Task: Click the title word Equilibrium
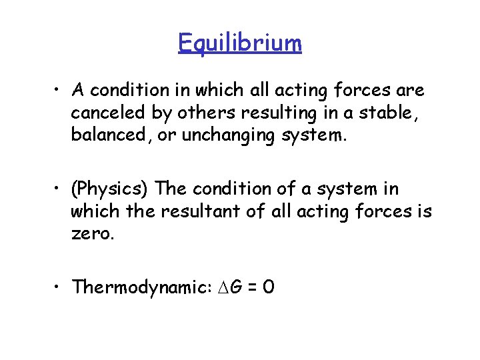click(240, 43)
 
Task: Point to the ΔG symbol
click(223, 287)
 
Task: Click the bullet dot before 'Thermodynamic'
click(60, 288)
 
